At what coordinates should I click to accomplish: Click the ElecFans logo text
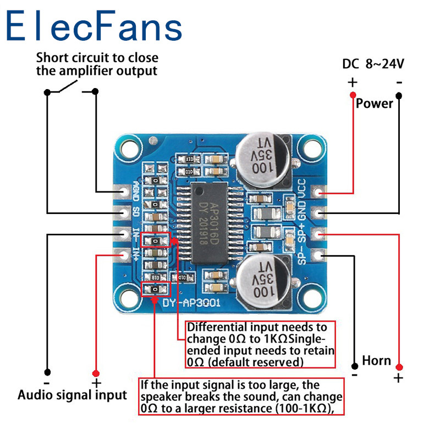(x=94, y=26)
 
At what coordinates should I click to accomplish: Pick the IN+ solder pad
(x=122, y=254)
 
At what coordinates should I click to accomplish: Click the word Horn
(x=377, y=361)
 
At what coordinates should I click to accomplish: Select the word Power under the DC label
(x=374, y=103)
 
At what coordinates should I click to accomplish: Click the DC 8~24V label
(x=373, y=64)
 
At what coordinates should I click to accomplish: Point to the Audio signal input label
(x=72, y=394)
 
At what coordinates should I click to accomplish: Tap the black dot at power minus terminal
(x=399, y=95)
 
